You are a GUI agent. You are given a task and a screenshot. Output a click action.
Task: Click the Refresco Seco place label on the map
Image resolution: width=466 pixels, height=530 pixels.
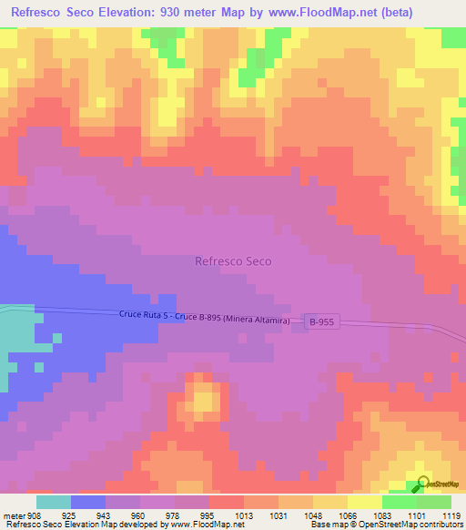(x=233, y=260)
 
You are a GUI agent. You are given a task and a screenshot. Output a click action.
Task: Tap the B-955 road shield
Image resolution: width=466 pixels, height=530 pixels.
(x=322, y=321)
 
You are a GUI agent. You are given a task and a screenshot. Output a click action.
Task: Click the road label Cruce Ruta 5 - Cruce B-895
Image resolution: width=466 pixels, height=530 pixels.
(x=204, y=319)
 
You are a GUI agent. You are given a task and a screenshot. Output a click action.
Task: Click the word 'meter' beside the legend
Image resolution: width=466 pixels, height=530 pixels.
(x=14, y=515)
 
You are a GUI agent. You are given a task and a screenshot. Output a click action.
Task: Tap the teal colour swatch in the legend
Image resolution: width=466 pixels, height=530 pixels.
(x=54, y=502)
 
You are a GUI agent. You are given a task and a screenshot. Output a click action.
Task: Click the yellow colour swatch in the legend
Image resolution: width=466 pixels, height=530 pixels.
(x=365, y=502)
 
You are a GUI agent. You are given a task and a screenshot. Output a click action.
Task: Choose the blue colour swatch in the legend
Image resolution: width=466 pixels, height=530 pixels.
(x=88, y=502)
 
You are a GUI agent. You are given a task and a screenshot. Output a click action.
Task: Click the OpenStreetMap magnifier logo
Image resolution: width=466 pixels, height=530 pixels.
(x=422, y=484)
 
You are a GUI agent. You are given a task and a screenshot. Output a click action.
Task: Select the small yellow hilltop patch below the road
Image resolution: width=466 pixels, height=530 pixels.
(x=205, y=399)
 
